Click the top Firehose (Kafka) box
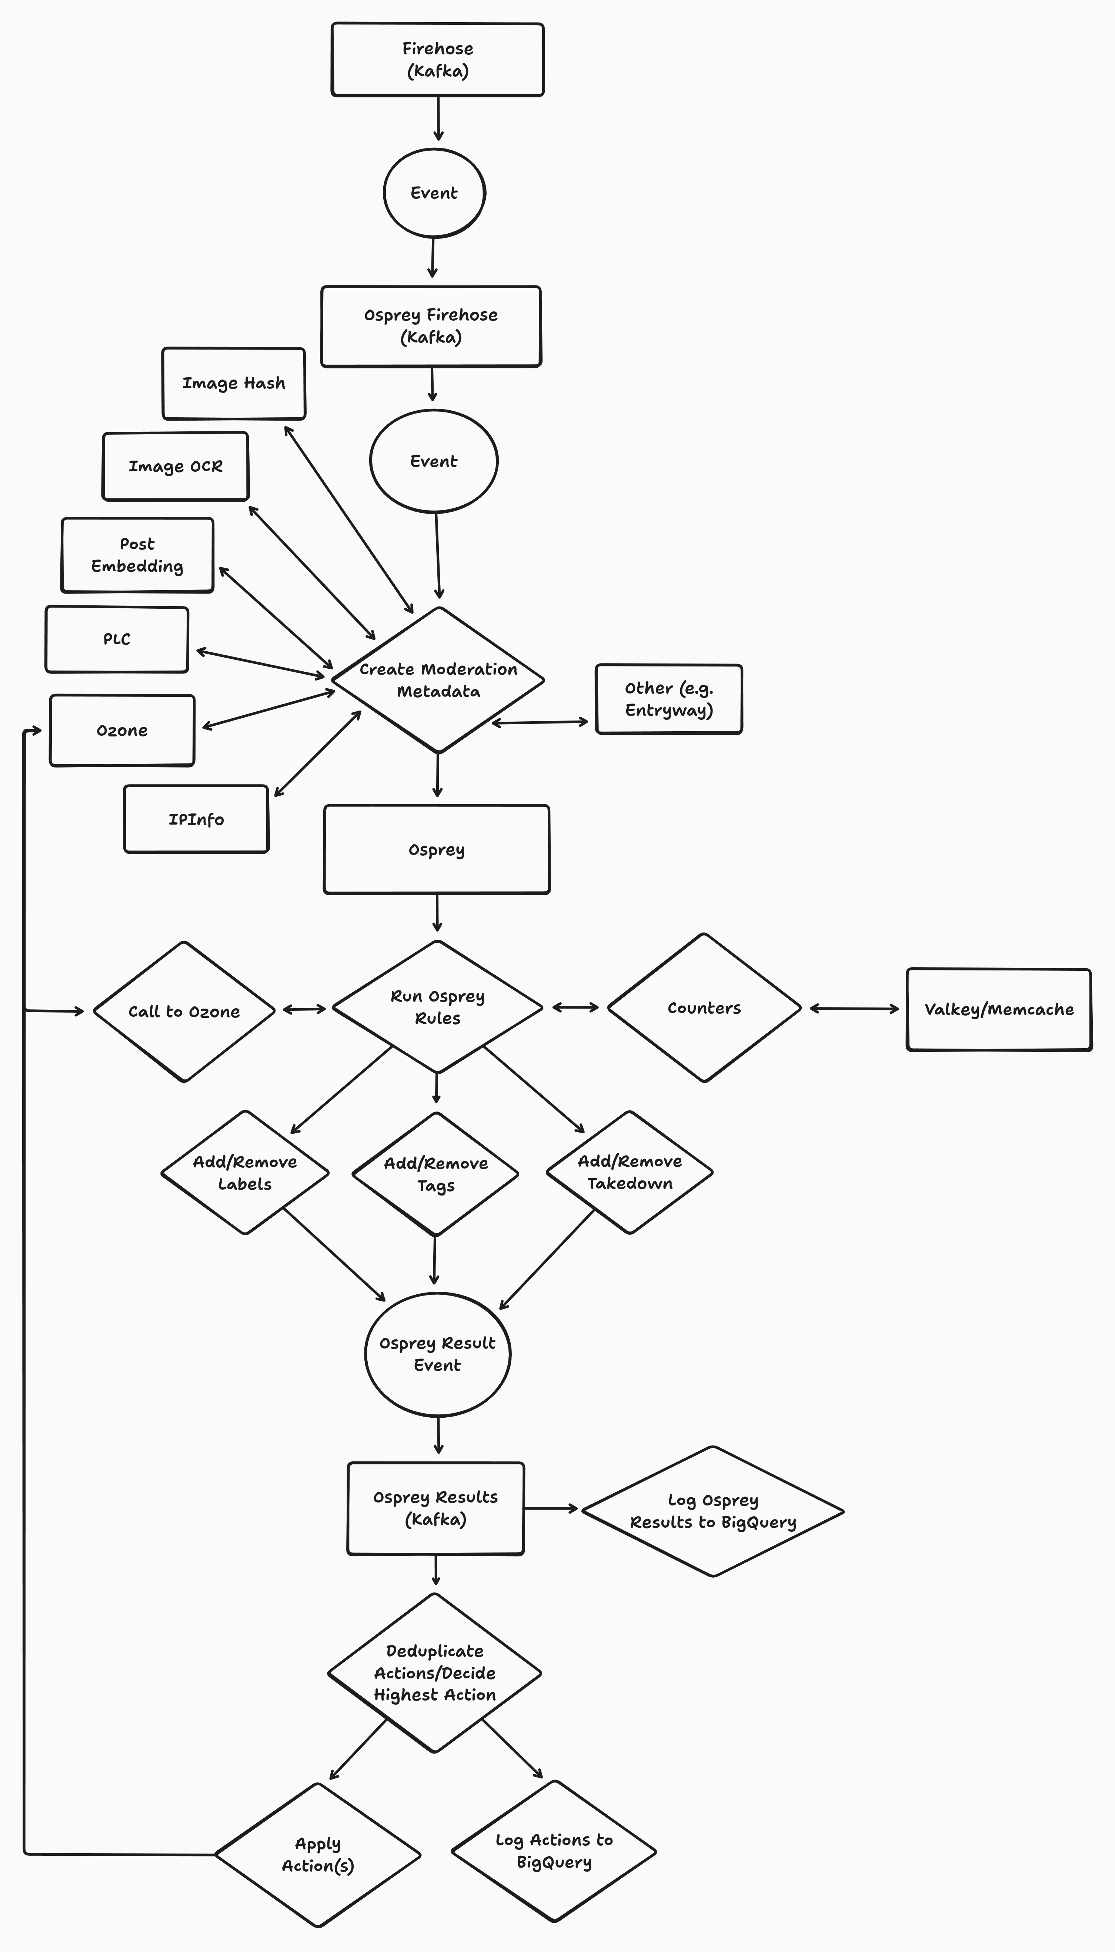437,60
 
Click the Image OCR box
176,466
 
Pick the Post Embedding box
137,555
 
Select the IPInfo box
196,819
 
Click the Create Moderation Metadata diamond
438,680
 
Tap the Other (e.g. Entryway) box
668,699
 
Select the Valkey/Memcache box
999,1010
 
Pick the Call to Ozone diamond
184,1011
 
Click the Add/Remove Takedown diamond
630,1172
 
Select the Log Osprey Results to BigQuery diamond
713,1511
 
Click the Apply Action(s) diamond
318,1855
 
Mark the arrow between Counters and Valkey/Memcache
854,1009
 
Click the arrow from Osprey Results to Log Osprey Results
551,1508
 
